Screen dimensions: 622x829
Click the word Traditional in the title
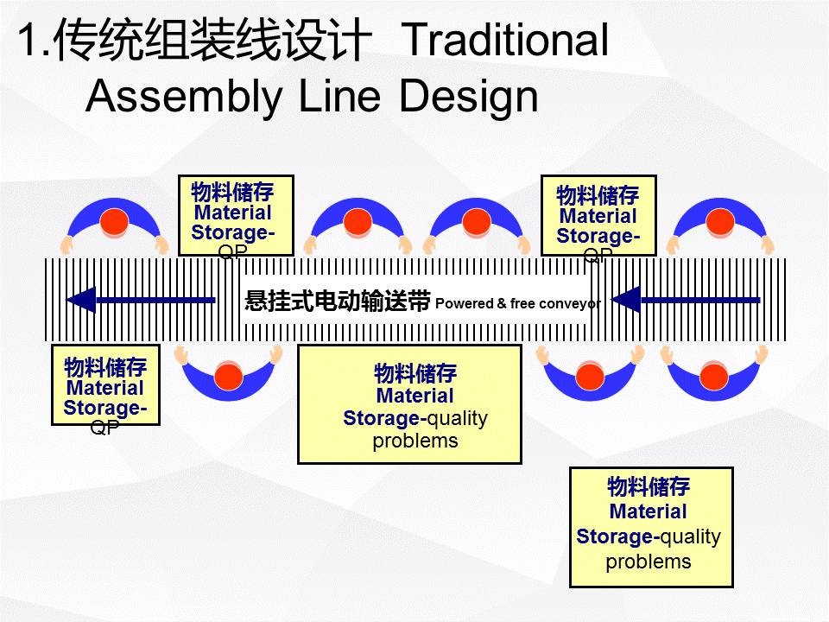coord(505,41)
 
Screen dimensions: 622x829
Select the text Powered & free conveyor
coord(518,303)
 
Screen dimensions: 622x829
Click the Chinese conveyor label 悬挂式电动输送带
coord(338,301)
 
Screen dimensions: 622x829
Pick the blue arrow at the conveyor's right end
coord(686,300)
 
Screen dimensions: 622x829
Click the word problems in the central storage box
coord(415,441)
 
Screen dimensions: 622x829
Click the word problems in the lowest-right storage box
coord(649,562)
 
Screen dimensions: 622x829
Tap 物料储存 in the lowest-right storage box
coord(649,486)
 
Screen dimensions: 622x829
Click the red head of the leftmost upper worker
coord(114,222)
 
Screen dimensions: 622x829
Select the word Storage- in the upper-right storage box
coord(598,236)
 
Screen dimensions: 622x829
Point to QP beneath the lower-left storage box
coord(104,428)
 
